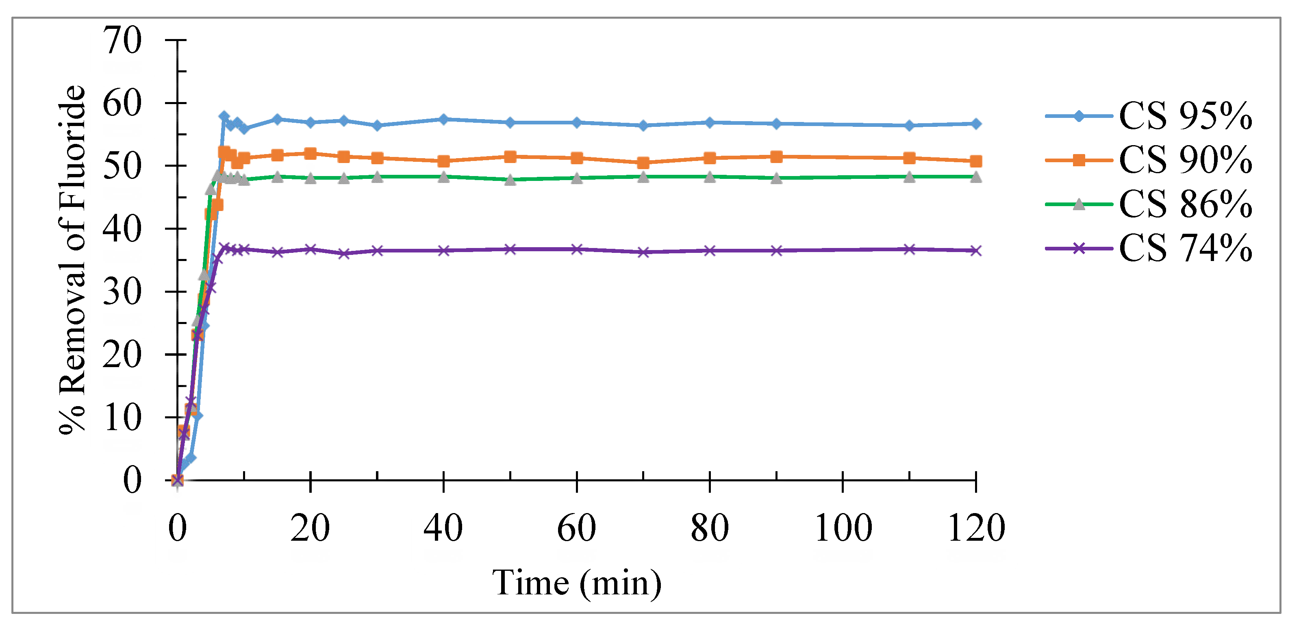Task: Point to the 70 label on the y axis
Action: coord(122,40)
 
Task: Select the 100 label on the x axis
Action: coord(843,528)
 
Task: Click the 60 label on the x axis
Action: coord(576,528)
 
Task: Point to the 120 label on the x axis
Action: coord(976,528)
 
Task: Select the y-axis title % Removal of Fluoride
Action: coord(72,260)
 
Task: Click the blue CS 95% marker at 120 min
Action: coord(976,124)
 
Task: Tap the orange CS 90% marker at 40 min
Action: coord(443,161)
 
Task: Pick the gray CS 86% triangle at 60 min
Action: coord(577,178)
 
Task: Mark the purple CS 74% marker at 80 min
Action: coord(710,250)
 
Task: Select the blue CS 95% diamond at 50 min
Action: coord(510,122)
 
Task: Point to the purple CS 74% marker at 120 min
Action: coord(976,250)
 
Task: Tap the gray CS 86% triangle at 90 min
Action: coord(776,178)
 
